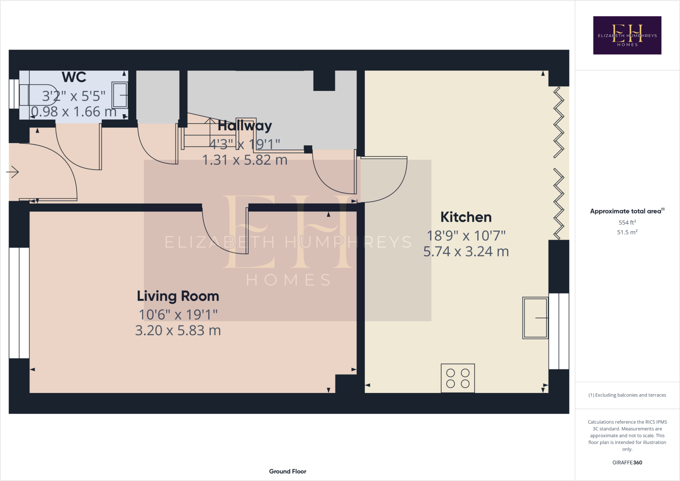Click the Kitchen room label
tap(466, 217)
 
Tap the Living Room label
tap(178, 296)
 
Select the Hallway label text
tap(245, 126)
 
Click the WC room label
tap(74, 77)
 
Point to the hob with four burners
tap(458, 378)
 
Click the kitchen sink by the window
tap(535, 318)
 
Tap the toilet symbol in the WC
tap(37, 95)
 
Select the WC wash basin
tap(120, 95)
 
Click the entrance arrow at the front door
tap(13, 172)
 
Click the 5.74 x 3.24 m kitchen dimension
tap(466, 252)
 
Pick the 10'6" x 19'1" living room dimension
tap(178, 315)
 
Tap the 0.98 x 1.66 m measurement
tap(74, 112)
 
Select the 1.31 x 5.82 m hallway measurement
tap(245, 160)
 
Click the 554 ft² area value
tap(627, 222)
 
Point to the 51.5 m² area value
tap(627, 232)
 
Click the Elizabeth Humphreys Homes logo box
tap(627, 35)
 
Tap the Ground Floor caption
tap(288, 471)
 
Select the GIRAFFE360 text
tap(627, 462)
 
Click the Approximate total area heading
tap(626, 211)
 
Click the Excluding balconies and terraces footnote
tap(627, 395)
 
